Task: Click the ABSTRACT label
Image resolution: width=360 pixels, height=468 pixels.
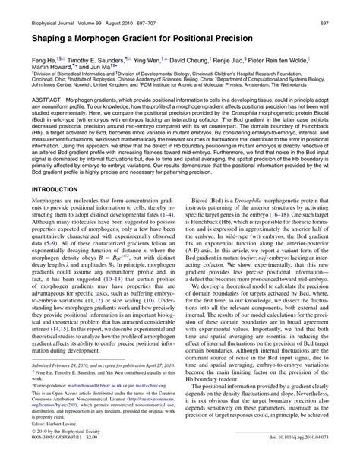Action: click(35, 100)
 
